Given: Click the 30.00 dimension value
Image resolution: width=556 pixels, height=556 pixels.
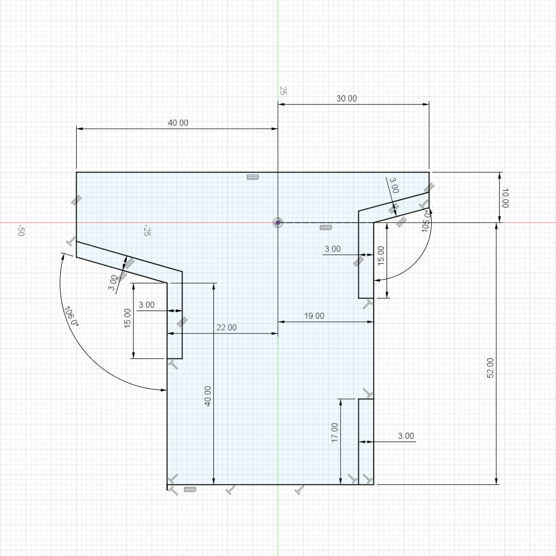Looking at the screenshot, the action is tap(346, 98).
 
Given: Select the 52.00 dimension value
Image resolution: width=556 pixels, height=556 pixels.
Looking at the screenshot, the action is tap(490, 368).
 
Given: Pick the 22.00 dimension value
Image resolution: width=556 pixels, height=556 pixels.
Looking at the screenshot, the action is tap(226, 327).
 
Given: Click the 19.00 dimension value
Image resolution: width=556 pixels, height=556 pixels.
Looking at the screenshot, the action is tap(314, 315).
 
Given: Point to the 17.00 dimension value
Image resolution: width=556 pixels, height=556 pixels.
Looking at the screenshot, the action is tap(334, 433).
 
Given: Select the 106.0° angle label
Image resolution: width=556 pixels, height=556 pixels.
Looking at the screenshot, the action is tap(70, 316).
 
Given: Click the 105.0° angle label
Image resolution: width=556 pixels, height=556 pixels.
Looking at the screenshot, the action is tap(427, 221).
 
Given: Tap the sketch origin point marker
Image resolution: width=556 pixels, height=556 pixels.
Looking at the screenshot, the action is tap(278, 223).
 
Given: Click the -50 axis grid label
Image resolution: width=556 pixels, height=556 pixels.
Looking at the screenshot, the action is tap(21, 230).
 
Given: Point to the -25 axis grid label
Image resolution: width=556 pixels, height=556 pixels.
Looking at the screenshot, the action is tap(147, 230).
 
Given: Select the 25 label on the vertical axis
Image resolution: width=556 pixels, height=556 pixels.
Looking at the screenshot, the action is tap(282, 91).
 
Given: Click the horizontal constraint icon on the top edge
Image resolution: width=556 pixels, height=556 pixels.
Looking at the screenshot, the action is tap(252, 177).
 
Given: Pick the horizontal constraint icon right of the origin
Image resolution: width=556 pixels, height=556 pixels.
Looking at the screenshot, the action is tap(326, 228).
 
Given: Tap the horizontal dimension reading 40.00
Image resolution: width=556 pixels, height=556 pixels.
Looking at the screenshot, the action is tap(178, 123).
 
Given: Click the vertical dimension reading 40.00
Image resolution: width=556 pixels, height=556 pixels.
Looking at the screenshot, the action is tap(208, 396).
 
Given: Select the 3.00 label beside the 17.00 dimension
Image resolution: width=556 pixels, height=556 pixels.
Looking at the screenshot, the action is tap(406, 436).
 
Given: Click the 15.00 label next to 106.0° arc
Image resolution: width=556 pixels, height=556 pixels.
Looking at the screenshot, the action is tap(127, 318).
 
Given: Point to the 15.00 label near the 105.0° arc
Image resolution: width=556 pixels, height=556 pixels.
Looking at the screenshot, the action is tap(381, 256).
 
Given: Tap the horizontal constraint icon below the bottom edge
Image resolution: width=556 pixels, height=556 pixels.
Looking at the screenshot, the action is tap(190, 490).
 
